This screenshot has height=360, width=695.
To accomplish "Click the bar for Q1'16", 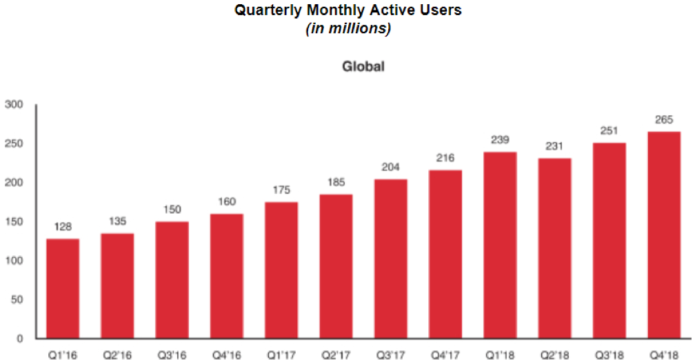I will point(63,288).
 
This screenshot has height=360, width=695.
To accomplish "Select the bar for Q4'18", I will point(664,234).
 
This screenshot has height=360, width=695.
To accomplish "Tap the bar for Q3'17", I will point(391,259).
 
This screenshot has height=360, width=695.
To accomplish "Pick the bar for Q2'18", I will point(555,248).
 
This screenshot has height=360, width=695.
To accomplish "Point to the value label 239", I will point(500,140).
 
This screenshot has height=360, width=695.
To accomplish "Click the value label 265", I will point(664,119).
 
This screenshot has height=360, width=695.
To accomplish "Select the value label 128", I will point(63,227).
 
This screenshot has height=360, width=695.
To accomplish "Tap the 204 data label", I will point(391,168).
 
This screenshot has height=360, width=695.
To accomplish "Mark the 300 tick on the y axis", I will point(14,105).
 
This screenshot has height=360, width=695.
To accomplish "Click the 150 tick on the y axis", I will point(14,222).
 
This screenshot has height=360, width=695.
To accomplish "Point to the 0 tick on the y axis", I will point(20,339).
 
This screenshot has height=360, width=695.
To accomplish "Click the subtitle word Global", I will point(363,68).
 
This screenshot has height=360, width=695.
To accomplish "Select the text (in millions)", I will point(347,29).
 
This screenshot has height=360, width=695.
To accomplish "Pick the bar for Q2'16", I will point(117,286).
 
